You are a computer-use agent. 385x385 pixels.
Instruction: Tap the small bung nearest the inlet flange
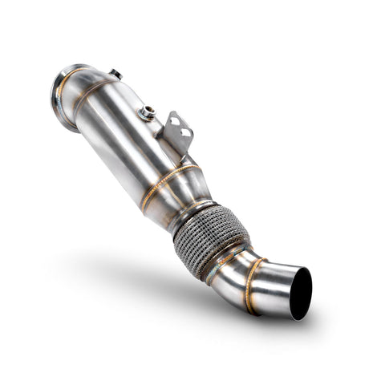coord(116,75)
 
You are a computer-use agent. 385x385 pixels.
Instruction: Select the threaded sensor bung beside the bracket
coord(148,114)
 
